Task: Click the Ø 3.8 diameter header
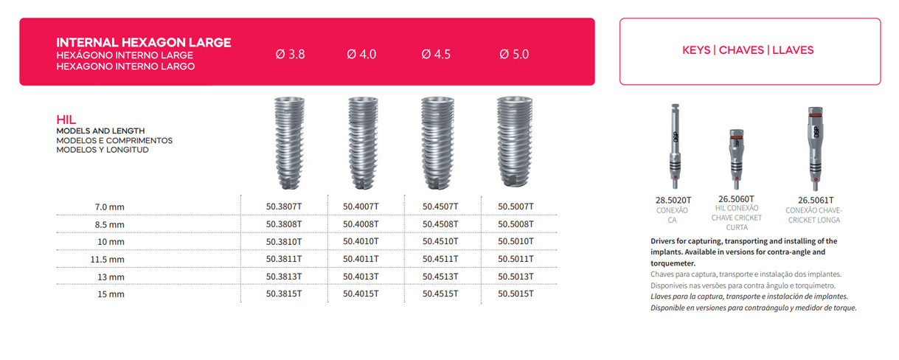point(290,54)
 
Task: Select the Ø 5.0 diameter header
point(514,54)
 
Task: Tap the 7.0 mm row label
point(110,207)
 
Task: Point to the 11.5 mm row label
point(107,259)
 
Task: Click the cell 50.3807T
point(284,207)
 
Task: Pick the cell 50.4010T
point(361,241)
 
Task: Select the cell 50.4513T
point(440,277)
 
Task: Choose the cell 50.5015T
point(516,294)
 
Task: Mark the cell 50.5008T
point(516,224)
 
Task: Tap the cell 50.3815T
point(284,294)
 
